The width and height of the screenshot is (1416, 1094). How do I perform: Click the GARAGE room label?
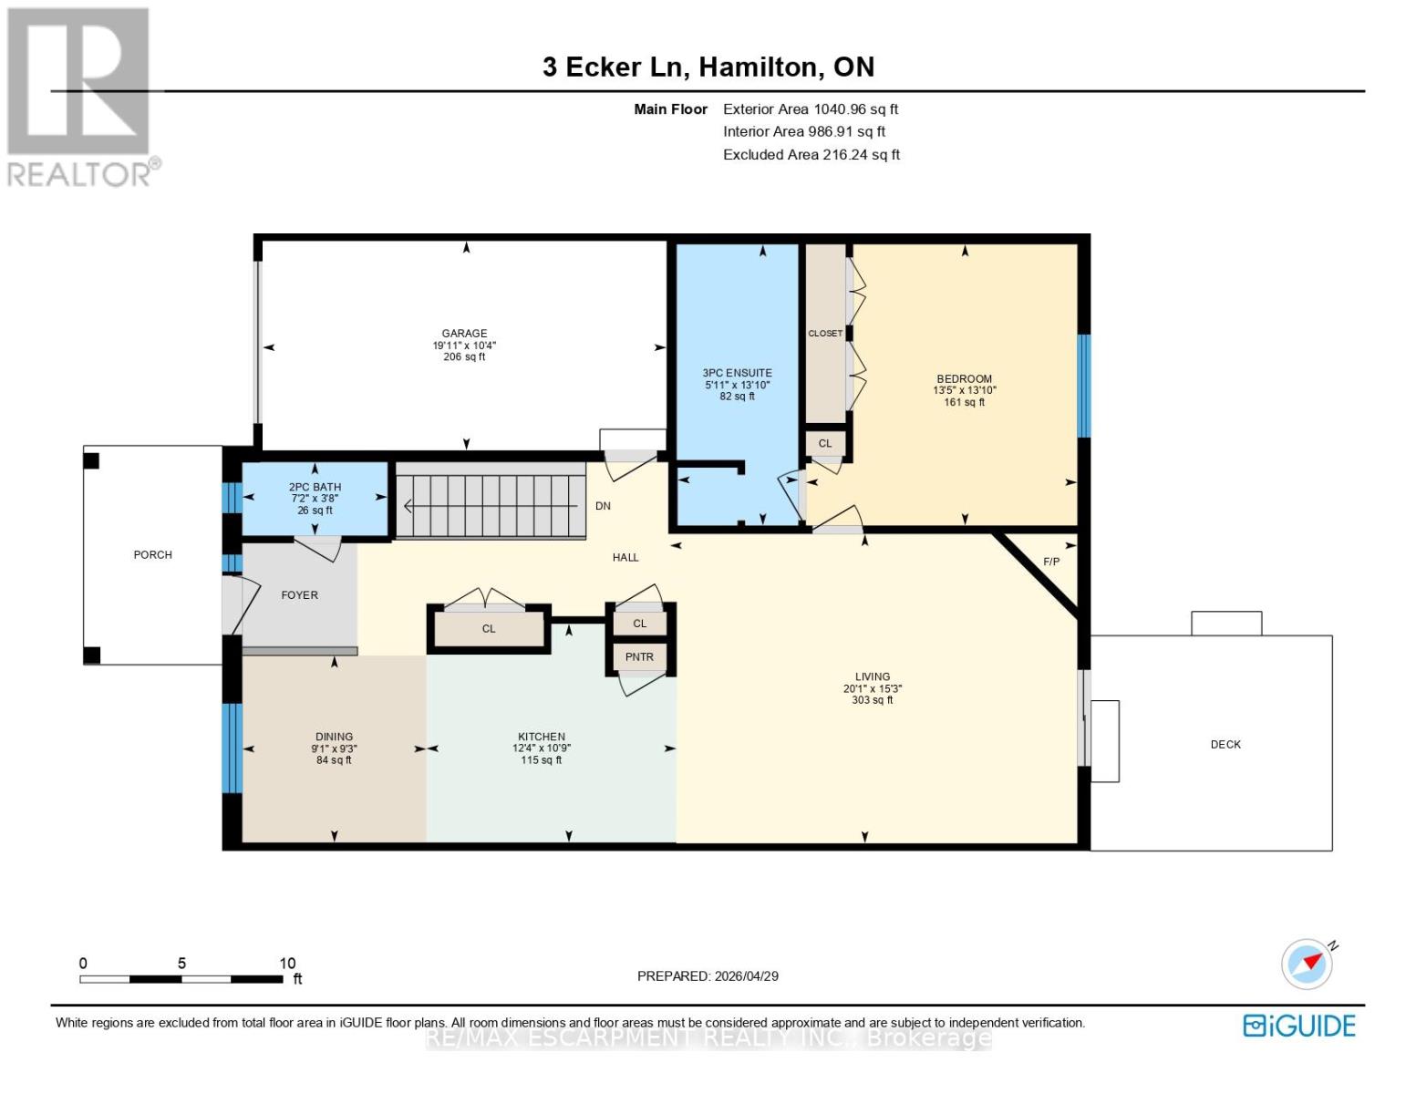tap(464, 333)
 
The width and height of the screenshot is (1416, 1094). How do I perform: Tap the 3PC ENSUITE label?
tap(737, 373)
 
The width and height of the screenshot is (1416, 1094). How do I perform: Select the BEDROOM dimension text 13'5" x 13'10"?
tap(965, 390)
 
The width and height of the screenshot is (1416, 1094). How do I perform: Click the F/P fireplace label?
tap(1051, 562)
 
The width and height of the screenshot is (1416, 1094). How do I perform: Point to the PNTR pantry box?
tap(639, 657)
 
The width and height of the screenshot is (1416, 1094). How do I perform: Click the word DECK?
tap(1225, 744)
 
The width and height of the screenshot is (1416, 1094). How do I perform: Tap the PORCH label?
tap(152, 554)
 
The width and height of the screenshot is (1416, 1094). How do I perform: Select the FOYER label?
tap(299, 595)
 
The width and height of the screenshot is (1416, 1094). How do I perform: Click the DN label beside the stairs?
tap(603, 506)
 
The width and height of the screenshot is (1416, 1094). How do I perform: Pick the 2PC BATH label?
tap(315, 487)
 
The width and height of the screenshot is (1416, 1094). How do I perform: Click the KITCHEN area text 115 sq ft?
tap(541, 759)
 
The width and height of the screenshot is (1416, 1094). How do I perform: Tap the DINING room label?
tap(334, 737)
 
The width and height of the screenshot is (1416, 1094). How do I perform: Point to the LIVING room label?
tap(872, 676)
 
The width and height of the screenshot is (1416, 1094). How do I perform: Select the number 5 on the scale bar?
tap(181, 963)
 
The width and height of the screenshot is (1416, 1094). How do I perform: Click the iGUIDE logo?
tap(1299, 1027)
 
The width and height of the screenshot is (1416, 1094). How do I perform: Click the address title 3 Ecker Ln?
tap(615, 67)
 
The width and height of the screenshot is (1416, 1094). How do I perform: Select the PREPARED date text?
tap(708, 976)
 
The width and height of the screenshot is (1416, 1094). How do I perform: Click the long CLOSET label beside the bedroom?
tap(825, 333)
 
